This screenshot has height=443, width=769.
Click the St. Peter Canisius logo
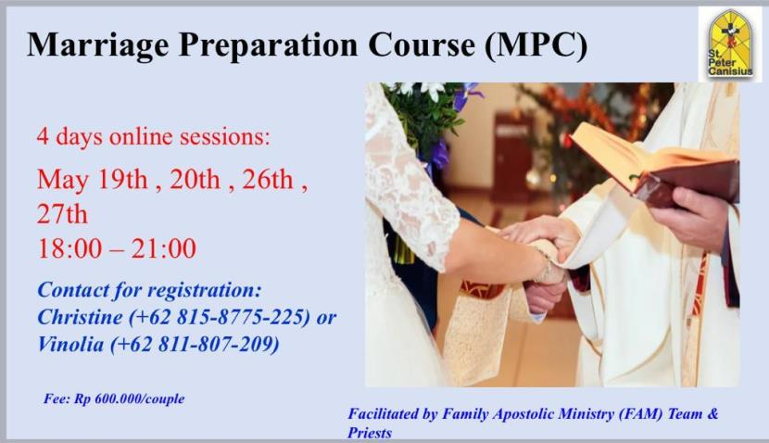point(729,44)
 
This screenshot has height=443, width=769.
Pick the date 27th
point(62,214)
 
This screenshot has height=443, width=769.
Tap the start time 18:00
point(67,248)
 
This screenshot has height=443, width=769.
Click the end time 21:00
point(166,248)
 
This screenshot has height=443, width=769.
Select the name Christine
point(76,317)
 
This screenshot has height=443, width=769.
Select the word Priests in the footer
point(371,433)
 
